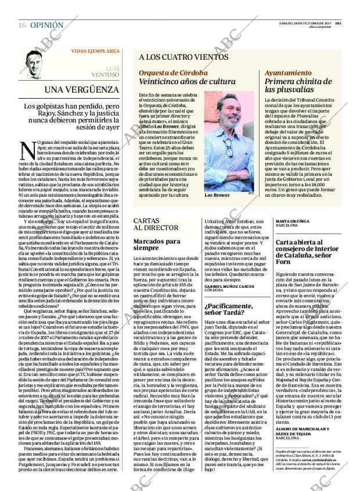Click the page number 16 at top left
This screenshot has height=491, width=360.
click(21, 26)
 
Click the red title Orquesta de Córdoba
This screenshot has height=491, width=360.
click(173, 73)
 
